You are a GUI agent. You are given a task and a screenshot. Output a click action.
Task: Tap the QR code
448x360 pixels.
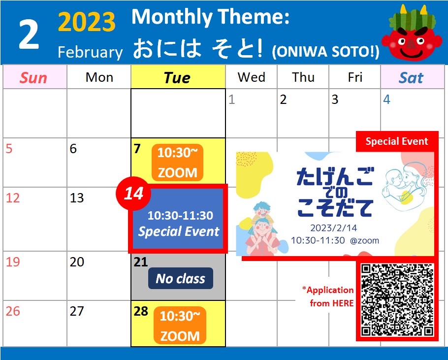397,300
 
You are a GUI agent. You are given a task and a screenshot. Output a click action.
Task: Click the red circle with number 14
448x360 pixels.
133,194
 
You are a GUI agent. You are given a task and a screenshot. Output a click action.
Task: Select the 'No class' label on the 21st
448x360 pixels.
181,278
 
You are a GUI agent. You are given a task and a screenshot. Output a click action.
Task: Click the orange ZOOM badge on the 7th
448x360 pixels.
177,163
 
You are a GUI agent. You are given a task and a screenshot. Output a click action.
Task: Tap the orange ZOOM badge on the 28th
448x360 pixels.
180,326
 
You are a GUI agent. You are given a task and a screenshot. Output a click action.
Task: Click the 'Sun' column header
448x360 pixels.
33,77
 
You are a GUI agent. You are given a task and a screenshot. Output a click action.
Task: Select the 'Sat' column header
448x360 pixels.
411,77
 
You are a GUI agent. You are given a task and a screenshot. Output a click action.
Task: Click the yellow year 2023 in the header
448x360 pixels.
87,22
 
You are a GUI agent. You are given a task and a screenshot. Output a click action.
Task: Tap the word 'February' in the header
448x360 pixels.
90,52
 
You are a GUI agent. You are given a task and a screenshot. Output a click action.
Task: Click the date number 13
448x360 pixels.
77,197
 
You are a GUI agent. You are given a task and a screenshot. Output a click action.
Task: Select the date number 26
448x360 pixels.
13,311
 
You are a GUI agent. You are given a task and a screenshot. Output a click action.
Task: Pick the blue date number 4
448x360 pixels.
386,99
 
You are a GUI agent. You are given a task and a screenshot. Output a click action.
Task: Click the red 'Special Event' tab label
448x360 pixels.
397,141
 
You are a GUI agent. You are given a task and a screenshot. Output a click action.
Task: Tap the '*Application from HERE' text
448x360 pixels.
328,296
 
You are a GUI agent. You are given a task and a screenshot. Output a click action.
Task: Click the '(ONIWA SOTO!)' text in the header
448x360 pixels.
326,52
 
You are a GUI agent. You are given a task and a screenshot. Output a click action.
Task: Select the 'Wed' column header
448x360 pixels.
252,77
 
